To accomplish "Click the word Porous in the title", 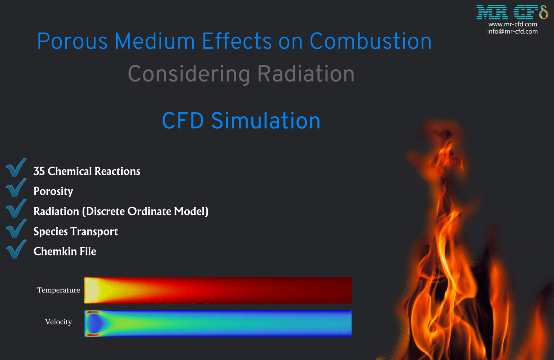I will [72, 41].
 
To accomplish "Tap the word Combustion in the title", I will [370, 41].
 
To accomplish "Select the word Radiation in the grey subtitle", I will [306, 74].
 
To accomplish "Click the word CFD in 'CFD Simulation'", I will [183, 120].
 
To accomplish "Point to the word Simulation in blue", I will [265, 120].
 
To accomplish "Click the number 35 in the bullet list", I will [39, 171].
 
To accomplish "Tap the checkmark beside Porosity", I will [16, 188].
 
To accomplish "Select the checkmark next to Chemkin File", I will [16, 249].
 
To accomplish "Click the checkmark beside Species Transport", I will [16, 229].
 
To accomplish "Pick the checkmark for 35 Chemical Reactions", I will [16, 168].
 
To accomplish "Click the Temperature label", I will [58, 290].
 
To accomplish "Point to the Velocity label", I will [58, 322].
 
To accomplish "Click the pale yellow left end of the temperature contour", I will [91, 290].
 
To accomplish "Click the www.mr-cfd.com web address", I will [513, 24].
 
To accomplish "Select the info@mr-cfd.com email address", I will [513, 31].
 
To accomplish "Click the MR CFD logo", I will [512, 12].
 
